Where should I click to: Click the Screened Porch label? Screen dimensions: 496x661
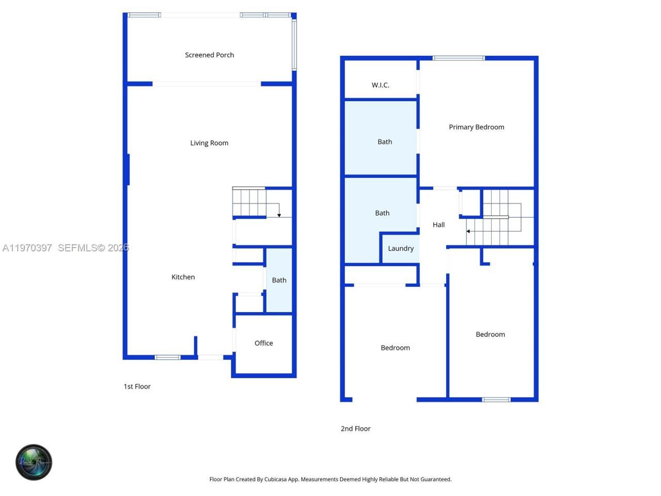[x=209, y=55]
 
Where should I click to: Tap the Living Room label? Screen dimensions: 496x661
[x=209, y=143]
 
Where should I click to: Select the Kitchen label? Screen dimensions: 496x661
[x=183, y=277]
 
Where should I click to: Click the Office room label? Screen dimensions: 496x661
[x=263, y=343]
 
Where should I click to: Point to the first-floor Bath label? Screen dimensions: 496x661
[x=279, y=280]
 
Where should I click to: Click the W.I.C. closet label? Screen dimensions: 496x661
[x=381, y=85]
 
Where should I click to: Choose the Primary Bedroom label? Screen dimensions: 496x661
[x=476, y=127]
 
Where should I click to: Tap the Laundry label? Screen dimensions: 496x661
[x=401, y=249]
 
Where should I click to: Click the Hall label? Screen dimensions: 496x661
[x=438, y=225]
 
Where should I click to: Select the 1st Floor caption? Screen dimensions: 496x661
[x=137, y=386]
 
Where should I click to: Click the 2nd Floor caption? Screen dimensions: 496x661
[x=355, y=428]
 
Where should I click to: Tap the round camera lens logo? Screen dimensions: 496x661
[x=34, y=462]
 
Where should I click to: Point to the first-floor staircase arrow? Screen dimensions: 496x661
[x=279, y=214]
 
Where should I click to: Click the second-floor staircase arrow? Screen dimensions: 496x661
[x=468, y=231]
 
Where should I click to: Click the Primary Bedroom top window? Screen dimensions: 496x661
[x=459, y=58]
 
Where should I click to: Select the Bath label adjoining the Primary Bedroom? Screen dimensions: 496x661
[x=385, y=142]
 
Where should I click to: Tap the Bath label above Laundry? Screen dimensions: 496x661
[x=382, y=213]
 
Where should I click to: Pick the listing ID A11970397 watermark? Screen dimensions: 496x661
[x=27, y=248]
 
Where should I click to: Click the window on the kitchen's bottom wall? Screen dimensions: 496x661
[x=168, y=357]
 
